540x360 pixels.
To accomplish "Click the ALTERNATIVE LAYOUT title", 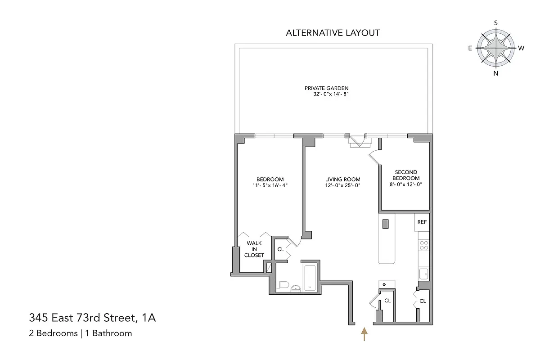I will tap(333, 33).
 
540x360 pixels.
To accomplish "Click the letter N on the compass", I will tap(496, 73).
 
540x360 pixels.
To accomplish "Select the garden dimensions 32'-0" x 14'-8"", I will tap(332, 94).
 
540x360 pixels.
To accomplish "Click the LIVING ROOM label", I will tap(342, 179).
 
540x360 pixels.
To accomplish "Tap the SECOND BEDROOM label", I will tap(406, 175).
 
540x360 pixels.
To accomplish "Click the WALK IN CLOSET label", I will tap(254, 249).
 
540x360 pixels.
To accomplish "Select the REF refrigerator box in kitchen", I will tap(422, 222).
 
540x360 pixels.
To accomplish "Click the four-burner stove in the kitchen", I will tap(423, 245).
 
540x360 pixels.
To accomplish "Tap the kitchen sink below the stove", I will tap(423, 273).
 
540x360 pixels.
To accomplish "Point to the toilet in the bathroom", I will tap(281, 285).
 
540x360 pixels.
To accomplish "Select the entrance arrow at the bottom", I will tap(364, 334).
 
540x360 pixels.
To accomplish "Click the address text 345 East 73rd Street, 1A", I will tap(92, 319).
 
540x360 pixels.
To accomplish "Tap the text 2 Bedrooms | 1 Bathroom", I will tap(81, 333).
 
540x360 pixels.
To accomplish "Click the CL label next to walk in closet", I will tap(280, 249).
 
